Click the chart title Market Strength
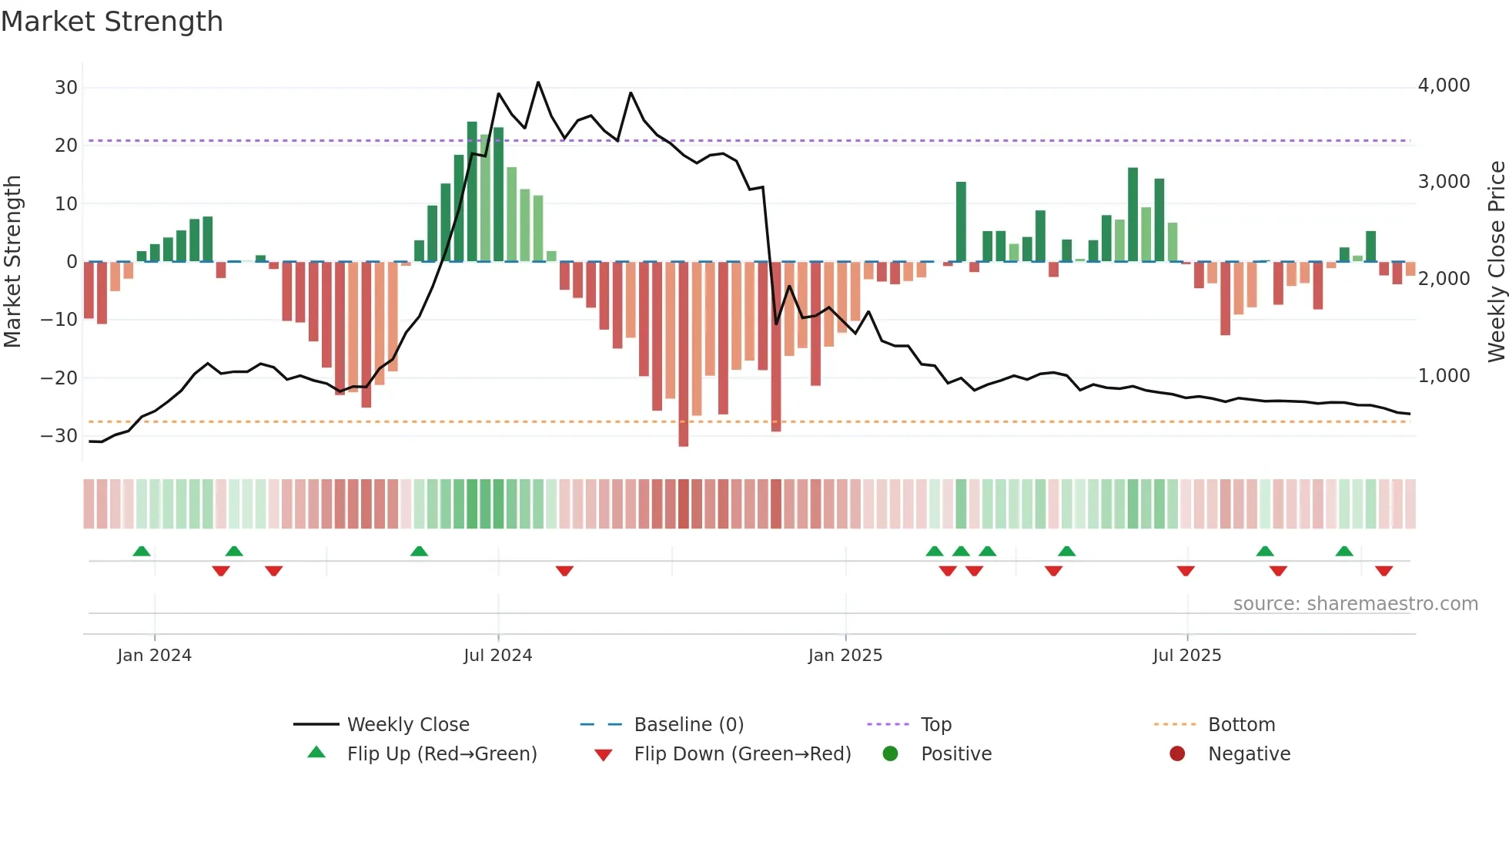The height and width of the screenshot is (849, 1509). [x=112, y=22]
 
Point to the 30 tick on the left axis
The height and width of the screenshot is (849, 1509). [x=66, y=88]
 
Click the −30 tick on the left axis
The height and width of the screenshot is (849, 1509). [x=59, y=436]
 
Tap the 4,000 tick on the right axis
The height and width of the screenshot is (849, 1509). [x=1444, y=86]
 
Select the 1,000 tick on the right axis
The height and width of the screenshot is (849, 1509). [x=1444, y=376]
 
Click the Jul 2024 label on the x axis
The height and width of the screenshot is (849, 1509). [x=497, y=656]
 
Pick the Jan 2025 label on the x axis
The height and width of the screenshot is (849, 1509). [x=845, y=656]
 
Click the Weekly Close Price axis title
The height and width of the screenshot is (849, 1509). [x=1496, y=262]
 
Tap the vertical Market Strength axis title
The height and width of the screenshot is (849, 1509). [x=13, y=262]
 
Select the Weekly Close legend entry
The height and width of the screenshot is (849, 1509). [x=407, y=725]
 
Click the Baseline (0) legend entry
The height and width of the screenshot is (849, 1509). [x=688, y=725]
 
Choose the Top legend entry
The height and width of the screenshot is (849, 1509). [x=935, y=725]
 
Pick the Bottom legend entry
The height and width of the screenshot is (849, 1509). [x=1241, y=725]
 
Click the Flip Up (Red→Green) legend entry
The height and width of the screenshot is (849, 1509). [x=441, y=754]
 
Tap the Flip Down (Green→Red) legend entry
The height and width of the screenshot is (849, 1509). [x=741, y=754]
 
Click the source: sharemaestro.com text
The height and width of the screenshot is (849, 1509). [x=1355, y=604]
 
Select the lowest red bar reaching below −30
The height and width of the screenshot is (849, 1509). [x=684, y=354]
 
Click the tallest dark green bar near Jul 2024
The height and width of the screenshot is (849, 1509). [x=472, y=193]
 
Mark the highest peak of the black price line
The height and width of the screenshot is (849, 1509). [x=538, y=82]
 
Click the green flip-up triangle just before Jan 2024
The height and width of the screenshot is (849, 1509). [x=142, y=552]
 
